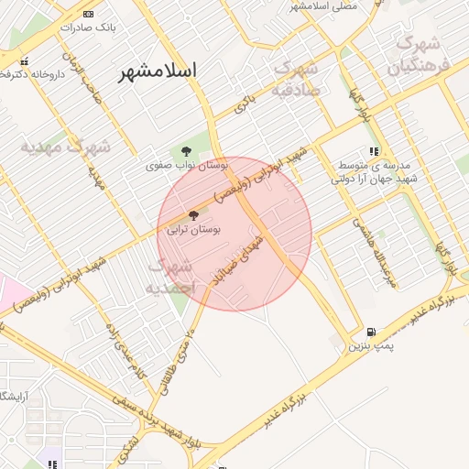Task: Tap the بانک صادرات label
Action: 87,27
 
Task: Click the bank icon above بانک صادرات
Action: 88,14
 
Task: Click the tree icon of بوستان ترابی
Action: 191,215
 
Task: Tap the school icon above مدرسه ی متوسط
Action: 373,151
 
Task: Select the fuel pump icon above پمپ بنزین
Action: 370,332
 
